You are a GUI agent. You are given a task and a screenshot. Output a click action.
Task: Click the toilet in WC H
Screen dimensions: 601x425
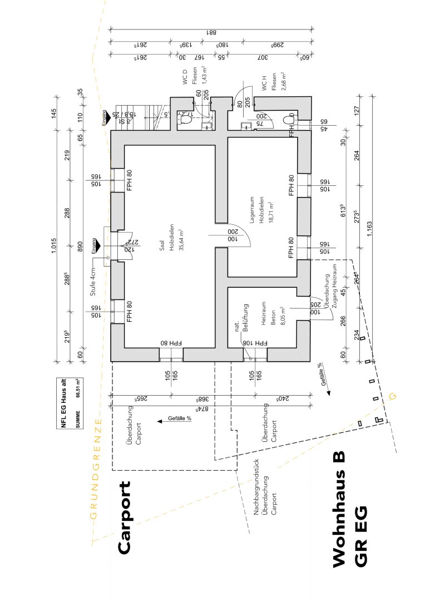[289, 119]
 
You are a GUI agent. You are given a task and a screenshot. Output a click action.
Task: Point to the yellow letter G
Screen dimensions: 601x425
[392, 396]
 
